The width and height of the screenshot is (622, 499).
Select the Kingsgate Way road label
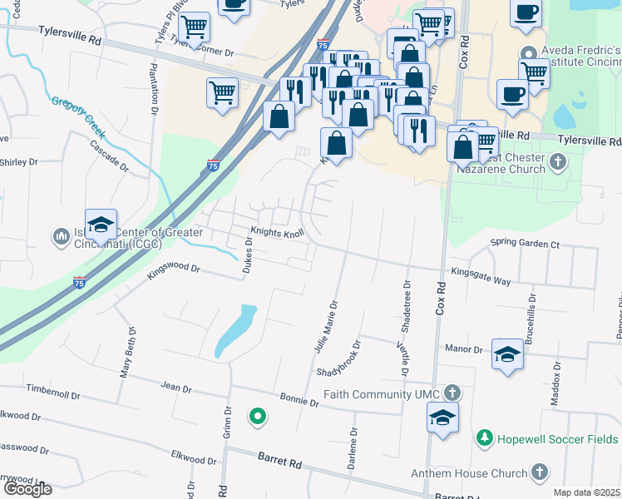[481, 276]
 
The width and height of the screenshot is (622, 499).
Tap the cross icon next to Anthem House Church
[539, 474]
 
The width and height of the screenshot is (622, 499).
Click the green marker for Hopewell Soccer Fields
[483, 437]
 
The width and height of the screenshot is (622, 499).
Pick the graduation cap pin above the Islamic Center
[101, 225]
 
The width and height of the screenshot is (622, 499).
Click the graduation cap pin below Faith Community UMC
[442, 417]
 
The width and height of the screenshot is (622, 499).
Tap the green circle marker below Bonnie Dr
[258, 417]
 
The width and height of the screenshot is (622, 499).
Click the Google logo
[27, 488]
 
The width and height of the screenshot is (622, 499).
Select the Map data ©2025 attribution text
[587, 492]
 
